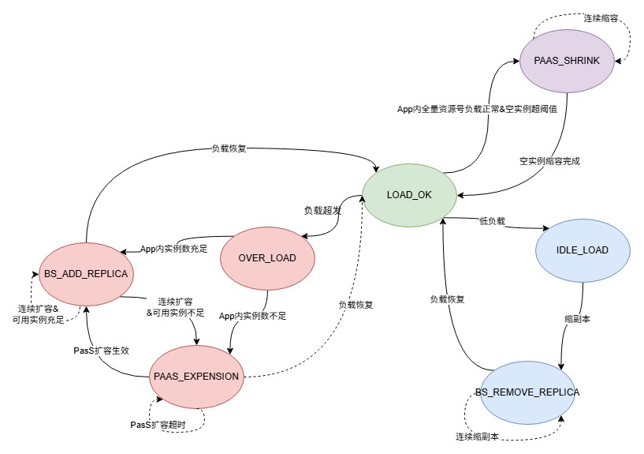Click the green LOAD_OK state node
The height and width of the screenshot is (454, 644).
coord(409,195)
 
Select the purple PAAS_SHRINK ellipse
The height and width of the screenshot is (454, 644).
coord(567,61)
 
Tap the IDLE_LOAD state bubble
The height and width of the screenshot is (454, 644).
coord(583,250)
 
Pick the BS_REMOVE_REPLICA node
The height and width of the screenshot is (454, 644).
coord(527,392)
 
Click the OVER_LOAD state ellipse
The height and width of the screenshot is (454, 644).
coord(267,258)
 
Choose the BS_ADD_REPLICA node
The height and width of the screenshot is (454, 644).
coord(86,274)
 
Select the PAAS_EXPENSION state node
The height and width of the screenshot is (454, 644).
coord(196,377)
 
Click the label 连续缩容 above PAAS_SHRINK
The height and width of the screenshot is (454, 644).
coord(601,18)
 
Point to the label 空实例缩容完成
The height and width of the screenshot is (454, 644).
coord(549,161)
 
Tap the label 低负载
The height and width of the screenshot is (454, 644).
coord(492,221)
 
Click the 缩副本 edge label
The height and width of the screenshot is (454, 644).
coord(577,319)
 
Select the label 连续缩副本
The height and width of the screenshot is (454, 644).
coord(477,437)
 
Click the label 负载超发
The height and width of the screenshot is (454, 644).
coord(322,211)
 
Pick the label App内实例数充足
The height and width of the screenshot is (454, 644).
coord(173,249)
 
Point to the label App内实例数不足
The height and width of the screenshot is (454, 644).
coord(252,316)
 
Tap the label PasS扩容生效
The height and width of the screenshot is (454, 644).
coord(101,351)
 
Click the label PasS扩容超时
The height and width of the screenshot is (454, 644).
coord(158,425)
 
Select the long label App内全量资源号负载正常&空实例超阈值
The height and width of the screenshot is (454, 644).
coord(477,109)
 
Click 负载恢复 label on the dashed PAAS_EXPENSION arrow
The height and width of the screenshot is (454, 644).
coord(356,305)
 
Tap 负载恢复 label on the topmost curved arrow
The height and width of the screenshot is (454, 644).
coord(229,148)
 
